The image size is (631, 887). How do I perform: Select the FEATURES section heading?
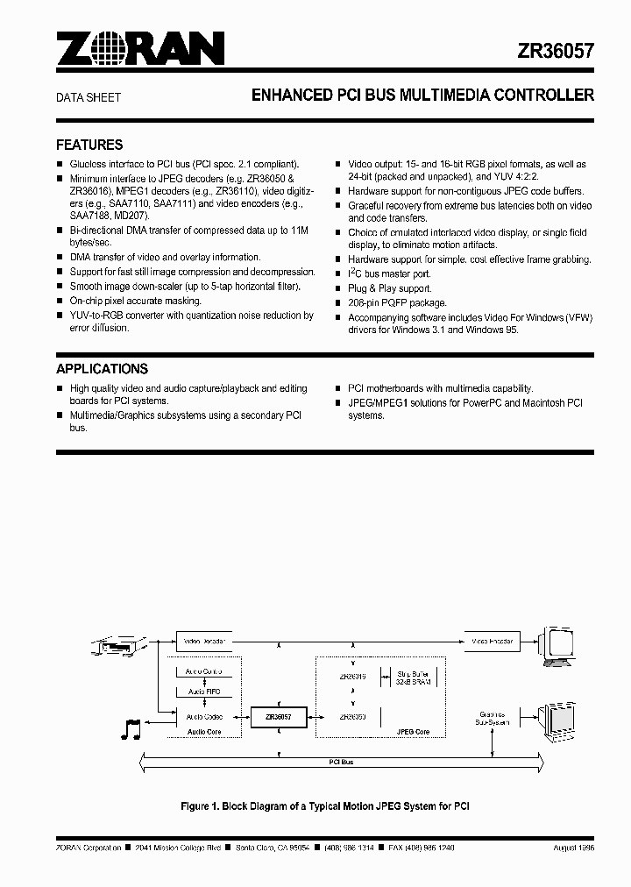(89, 145)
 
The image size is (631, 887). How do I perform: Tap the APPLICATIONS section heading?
(102, 369)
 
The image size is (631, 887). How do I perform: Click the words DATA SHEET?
(89, 98)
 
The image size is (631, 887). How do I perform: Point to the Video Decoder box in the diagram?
(205, 641)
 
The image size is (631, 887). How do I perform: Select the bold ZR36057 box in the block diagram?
(278, 717)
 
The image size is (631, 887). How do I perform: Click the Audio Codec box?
(204, 716)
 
